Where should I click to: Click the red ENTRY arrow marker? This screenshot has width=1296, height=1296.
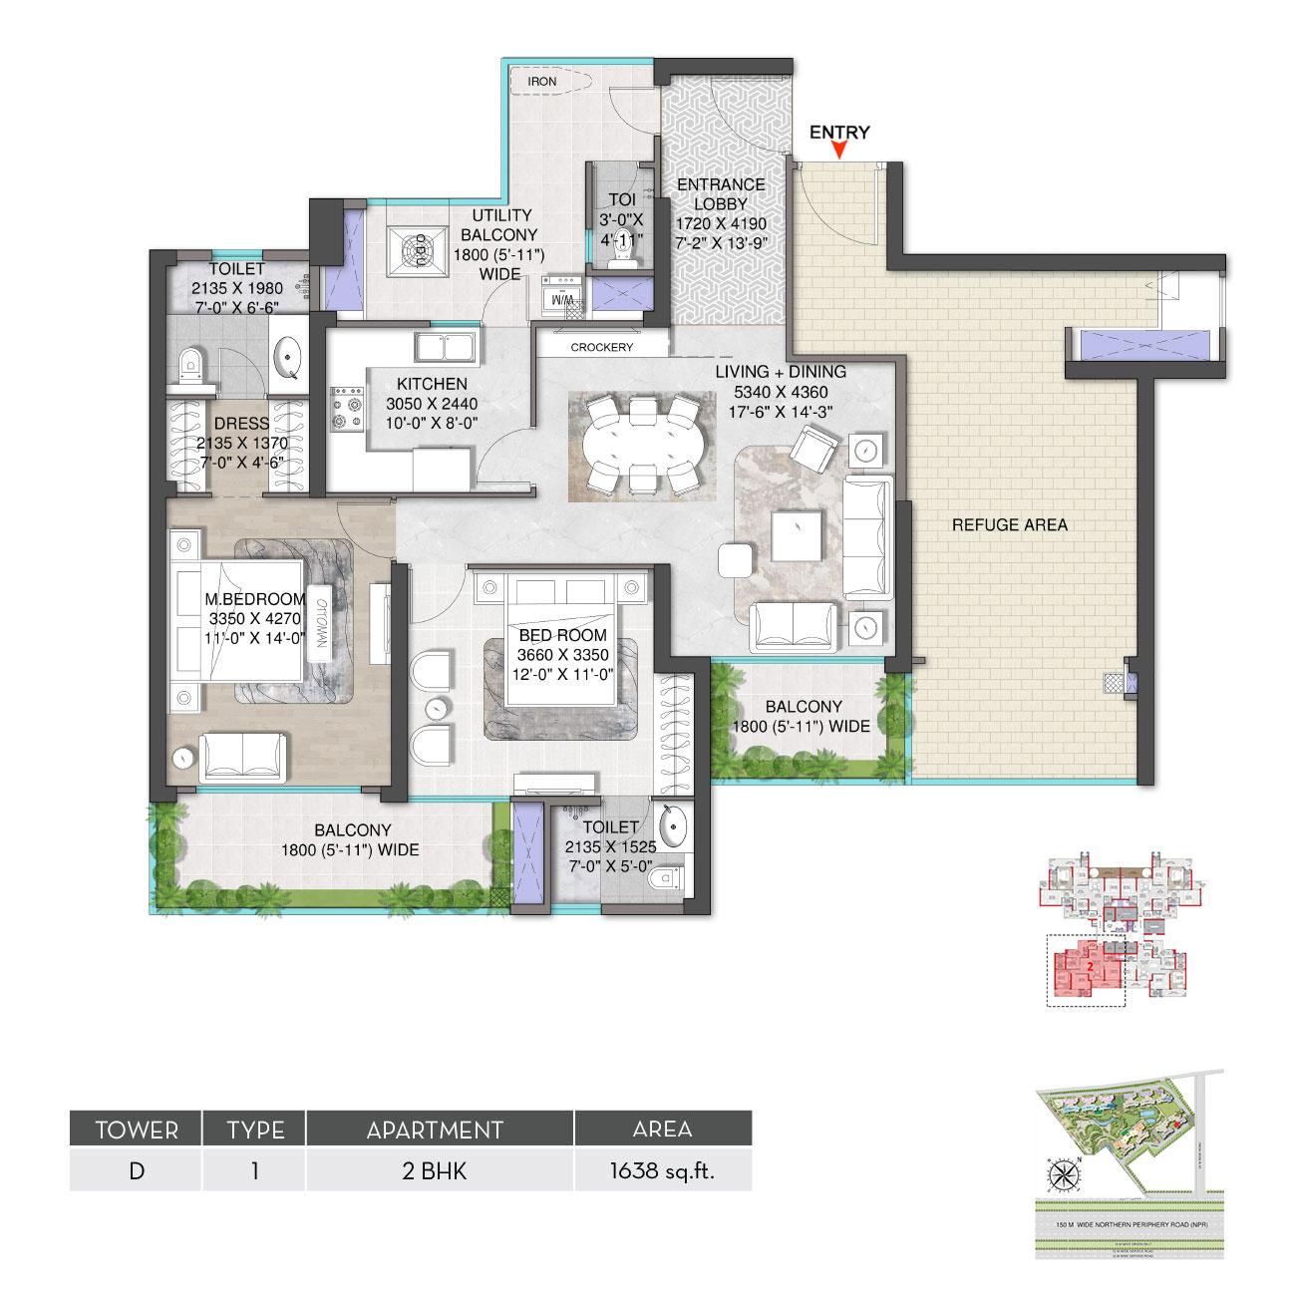point(840,151)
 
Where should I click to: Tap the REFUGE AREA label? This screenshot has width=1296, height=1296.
point(1010,524)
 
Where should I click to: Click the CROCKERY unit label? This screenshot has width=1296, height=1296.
point(601,348)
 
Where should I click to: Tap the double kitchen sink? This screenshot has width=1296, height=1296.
point(447,348)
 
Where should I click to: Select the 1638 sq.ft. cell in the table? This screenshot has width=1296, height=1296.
point(662,1170)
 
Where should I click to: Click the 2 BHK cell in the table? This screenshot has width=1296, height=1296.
point(440,1170)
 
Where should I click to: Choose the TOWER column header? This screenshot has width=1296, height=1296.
point(136,1130)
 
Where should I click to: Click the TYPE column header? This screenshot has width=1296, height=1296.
point(255,1130)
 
